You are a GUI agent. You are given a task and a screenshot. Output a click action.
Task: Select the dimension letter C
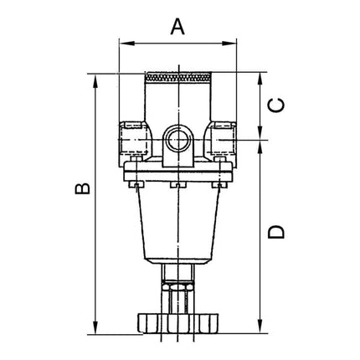tap(280, 105)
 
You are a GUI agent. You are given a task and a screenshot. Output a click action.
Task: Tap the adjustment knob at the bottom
tap(178, 321)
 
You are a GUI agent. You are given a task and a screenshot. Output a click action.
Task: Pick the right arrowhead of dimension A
tap(234, 40)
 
